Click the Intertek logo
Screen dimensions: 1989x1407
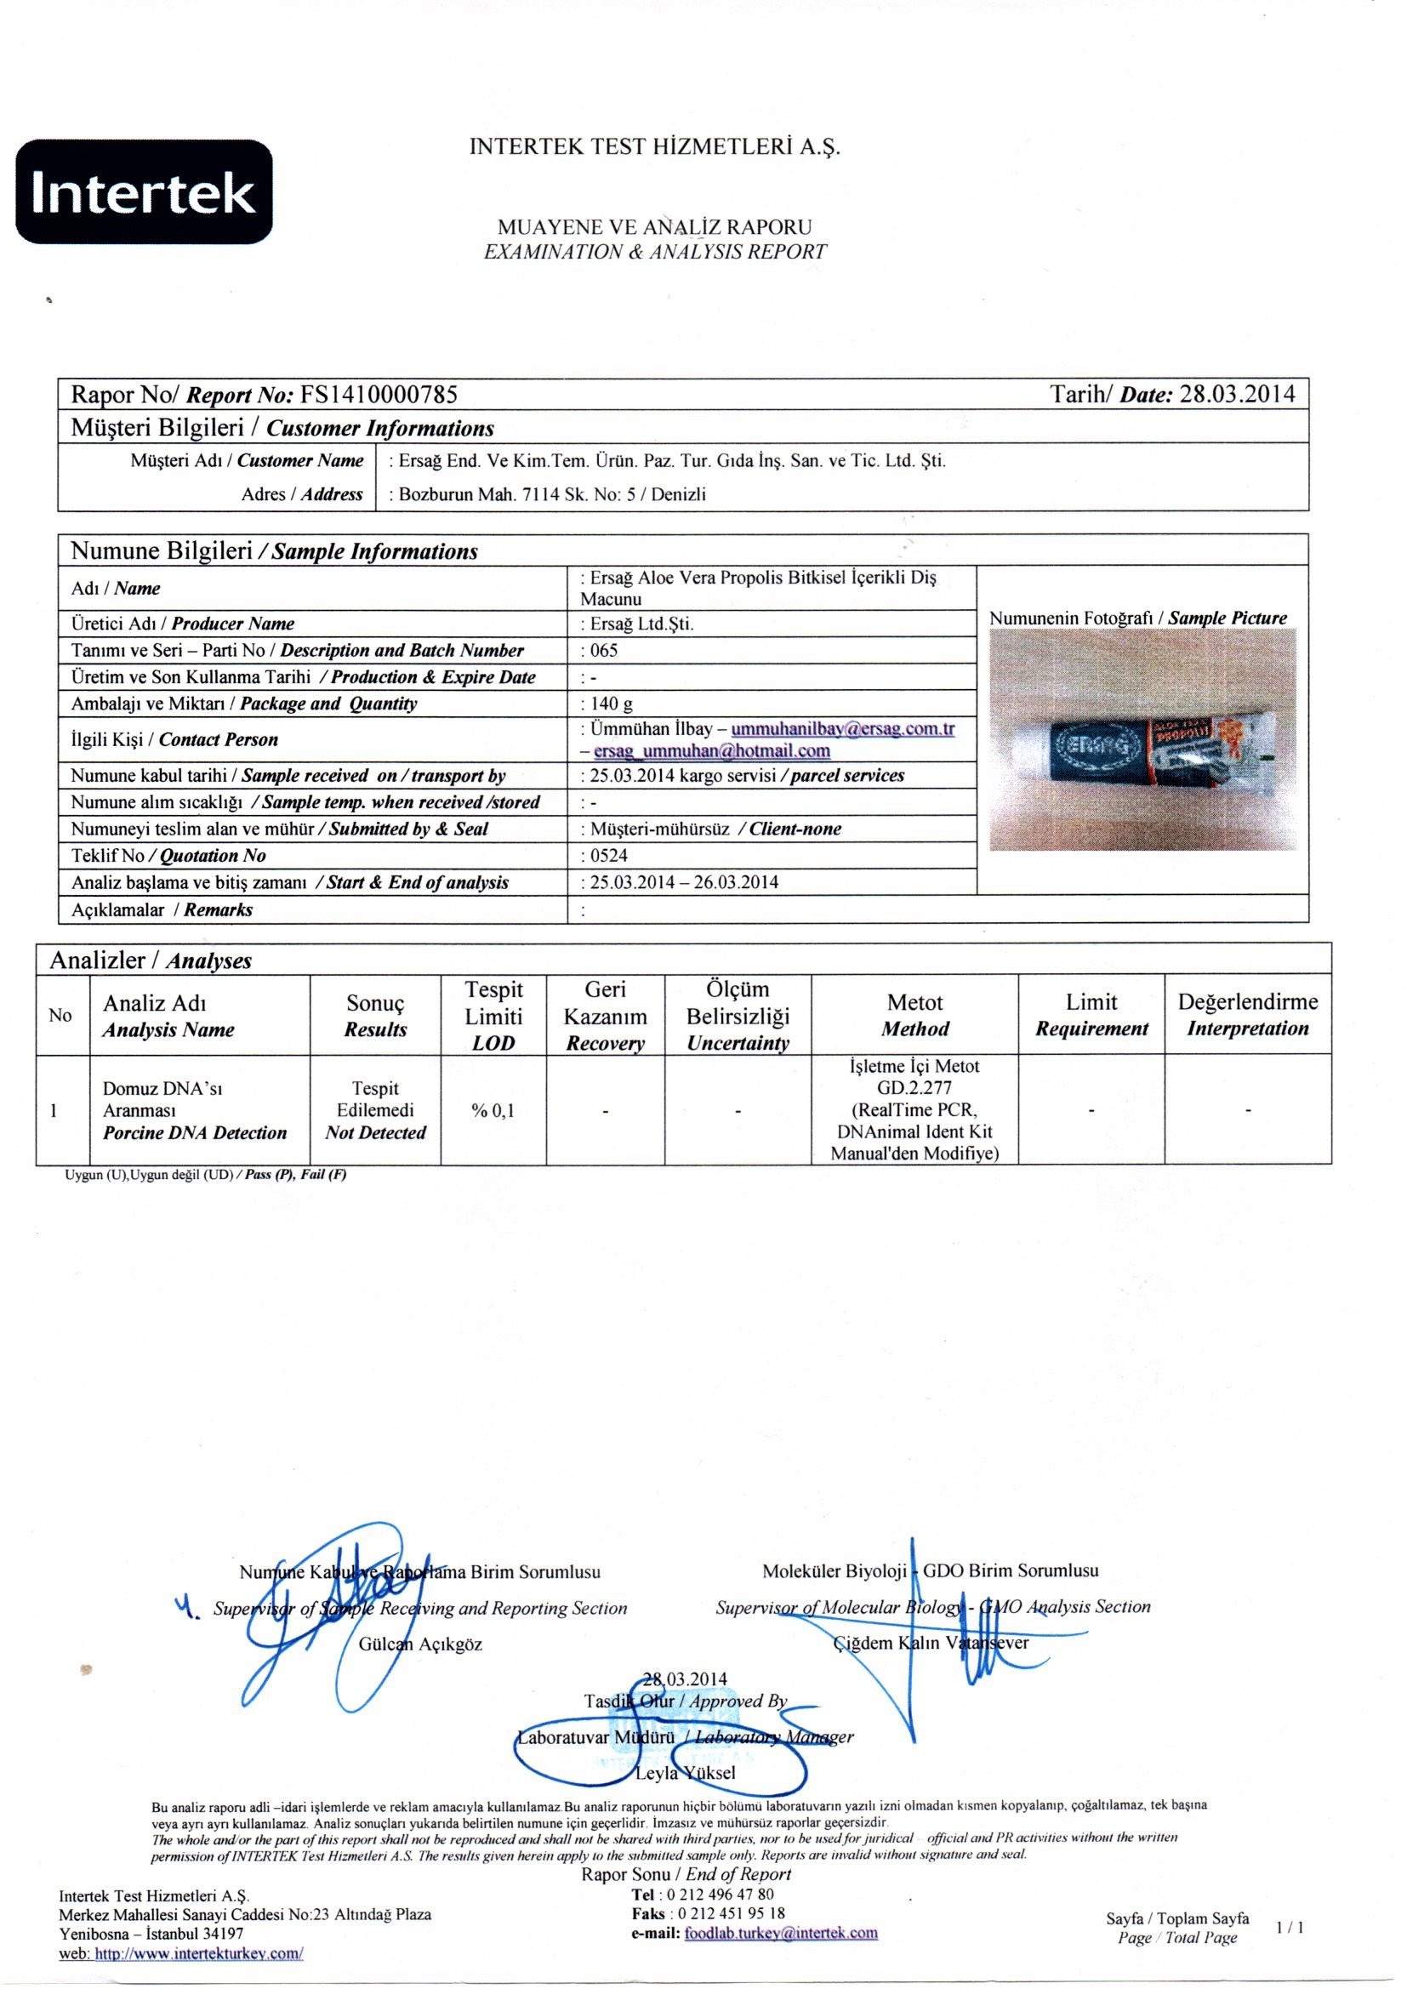[x=144, y=191]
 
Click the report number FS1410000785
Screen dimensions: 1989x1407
[x=379, y=395]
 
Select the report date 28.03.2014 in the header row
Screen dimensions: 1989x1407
[x=1238, y=395]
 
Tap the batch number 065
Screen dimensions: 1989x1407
[x=603, y=651]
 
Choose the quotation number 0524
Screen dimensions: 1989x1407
[x=608, y=856]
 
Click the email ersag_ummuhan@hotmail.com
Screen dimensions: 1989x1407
[x=711, y=751]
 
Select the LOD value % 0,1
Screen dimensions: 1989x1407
[x=493, y=1110]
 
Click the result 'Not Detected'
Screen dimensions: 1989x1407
[x=375, y=1133]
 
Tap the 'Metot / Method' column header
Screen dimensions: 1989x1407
[x=915, y=1015]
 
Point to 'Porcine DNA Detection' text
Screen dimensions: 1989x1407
[x=194, y=1133]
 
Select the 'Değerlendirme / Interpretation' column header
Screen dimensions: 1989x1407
[x=1248, y=1015]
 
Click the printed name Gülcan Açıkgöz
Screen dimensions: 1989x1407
[x=420, y=1644]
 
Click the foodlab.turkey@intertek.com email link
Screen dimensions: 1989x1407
[x=781, y=1933]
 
